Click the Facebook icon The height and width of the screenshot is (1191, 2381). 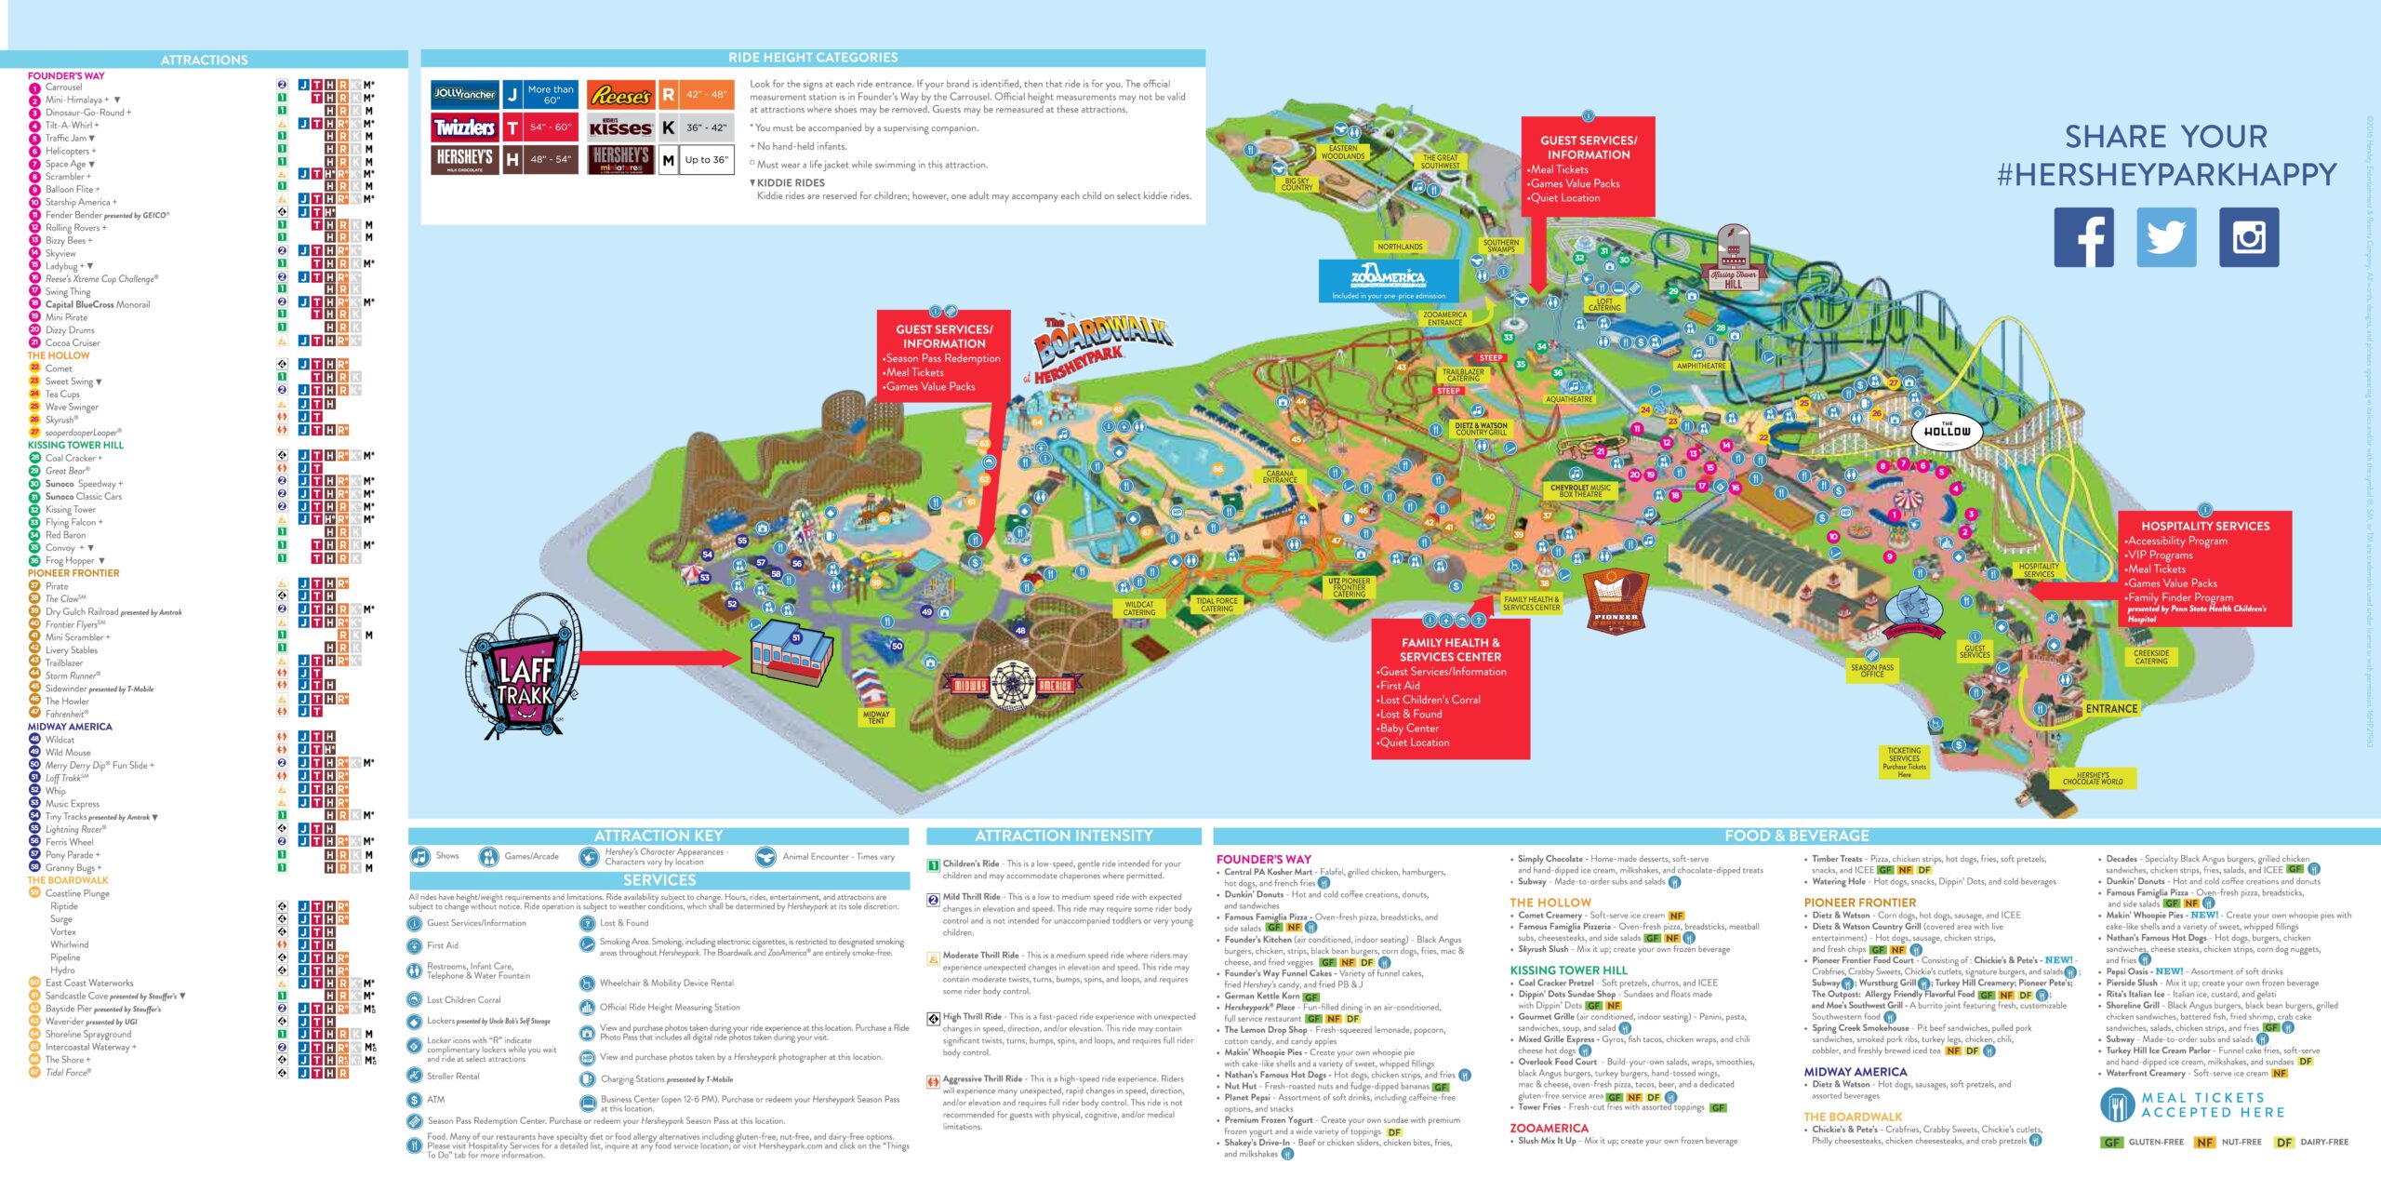pyautogui.click(x=2083, y=237)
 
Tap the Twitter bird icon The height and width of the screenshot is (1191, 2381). pyautogui.click(x=2166, y=237)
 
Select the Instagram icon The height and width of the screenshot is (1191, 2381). pyautogui.click(x=2248, y=237)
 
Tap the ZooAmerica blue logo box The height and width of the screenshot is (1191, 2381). pyautogui.click(x=1389, y=280)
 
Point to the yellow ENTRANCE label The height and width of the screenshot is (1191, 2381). pyautogui.click(x=2111, y=708)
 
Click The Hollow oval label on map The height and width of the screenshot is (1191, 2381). pyautogui.click(x=1947, y=431)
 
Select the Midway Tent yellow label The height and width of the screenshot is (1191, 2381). pyautogui.click(x=876, y=717)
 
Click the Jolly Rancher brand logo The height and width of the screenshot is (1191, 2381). pyautogui.click(x=464, y=94)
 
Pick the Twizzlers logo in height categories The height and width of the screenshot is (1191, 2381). pyautogui.click(x=464, y=127)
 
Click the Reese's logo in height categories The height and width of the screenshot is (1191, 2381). pyautogui.click(x=620, y=95)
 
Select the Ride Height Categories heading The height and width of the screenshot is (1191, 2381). pyautogui.click(x=812, y=58)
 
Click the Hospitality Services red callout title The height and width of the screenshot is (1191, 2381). pyautogui.click(x=2204, y=526)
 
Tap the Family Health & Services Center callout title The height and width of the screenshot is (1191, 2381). pyautogui.click(x=1450, y=649)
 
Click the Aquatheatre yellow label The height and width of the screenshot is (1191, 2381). pyautogui.click(x=1569, y=399)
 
